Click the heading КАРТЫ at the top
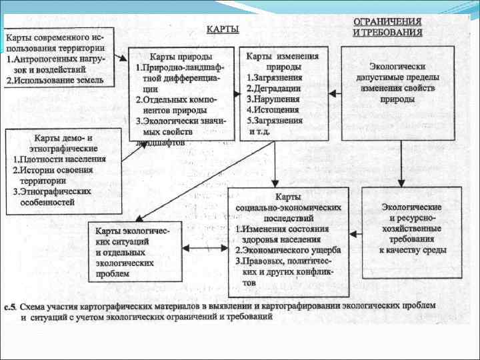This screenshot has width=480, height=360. [223, 29]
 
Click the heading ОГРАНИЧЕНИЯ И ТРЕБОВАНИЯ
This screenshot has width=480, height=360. [387, 26]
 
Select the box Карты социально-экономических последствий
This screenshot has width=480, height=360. [288, 243]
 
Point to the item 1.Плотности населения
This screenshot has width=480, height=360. [59, 159]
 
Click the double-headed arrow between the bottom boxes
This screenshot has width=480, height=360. [199, 248]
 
